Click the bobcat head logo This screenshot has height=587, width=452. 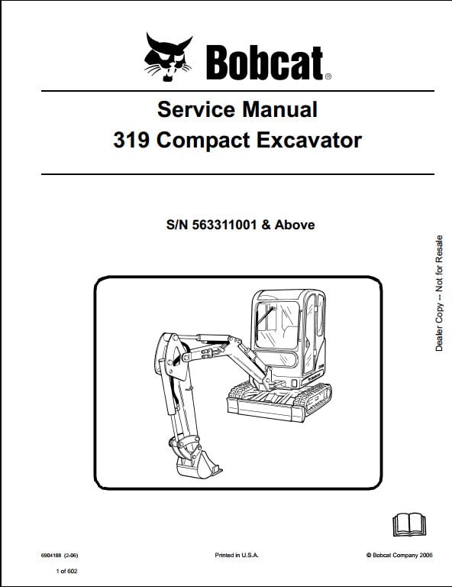pos(168,57)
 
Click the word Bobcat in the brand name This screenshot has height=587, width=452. pos(264,63)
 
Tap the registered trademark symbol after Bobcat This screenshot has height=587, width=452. pos(328,76)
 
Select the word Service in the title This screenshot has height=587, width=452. pos(196,110)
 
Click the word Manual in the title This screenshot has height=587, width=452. pos(280,110)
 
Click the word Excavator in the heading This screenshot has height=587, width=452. pos(309,141)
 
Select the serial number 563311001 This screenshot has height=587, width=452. pos(224,225)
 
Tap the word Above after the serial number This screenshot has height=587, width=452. pos(295,225)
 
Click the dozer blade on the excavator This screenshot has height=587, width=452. pos(266,409)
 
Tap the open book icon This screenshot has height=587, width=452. pos(409,525)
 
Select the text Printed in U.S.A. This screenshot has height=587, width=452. pos(236,555)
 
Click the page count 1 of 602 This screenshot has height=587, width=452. pos(66,571)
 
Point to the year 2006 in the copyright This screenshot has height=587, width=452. pos(426,555)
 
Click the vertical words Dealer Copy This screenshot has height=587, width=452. pos(439,327)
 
